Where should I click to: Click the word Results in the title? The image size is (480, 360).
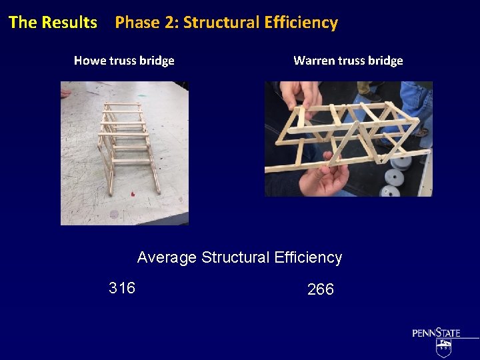click(69, 22)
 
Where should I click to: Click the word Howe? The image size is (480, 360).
click(90, 61)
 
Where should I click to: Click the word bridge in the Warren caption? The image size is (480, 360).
click(385, 61)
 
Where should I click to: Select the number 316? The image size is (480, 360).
click(122, 288)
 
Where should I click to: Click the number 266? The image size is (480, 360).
click(321, 289)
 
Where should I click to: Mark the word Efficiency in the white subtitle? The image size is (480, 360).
click(309, 257)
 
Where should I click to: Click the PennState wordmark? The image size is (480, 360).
click(436, 332)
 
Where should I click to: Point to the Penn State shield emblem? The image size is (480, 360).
click(443, 348)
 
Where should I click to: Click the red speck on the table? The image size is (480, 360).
click(132, 194)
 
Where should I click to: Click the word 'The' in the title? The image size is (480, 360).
click(22, 22)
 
